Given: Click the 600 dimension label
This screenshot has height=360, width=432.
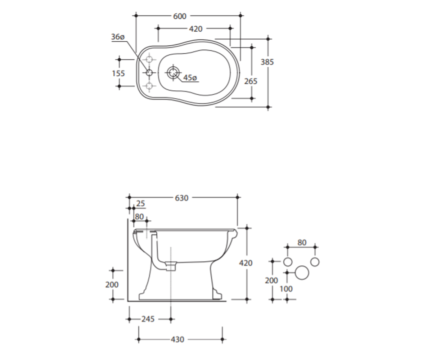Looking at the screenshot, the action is (x=180, y=16).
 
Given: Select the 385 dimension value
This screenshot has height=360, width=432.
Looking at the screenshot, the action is (x=267, y=62).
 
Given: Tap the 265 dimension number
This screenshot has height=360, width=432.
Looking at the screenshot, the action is (x=251, y=81).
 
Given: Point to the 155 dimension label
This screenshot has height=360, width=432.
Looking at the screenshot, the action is (x=118, y=73).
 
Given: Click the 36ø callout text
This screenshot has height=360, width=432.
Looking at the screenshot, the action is (x=118, y=37).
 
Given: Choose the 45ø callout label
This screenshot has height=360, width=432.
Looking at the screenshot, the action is (x=190, y=78).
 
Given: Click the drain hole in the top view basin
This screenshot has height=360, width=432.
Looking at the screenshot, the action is (x=173, y=72).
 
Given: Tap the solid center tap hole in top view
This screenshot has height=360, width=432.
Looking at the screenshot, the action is (x=149, y=72).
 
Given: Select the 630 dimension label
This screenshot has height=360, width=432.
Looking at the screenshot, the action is (x=182, y=198).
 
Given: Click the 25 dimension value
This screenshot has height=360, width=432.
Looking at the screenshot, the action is (x=140, y=204).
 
